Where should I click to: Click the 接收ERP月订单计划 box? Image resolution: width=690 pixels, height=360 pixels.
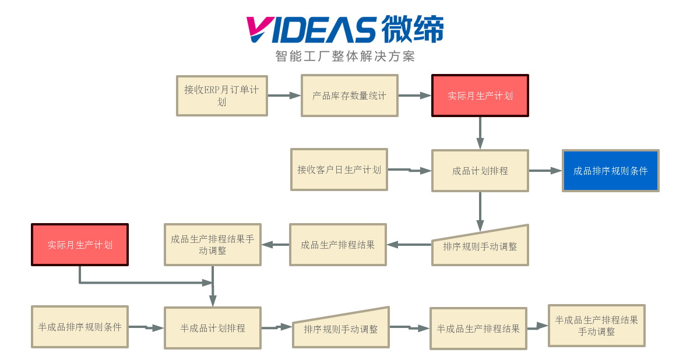(222, 96)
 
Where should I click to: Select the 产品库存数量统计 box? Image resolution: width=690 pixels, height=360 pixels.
(349, 96)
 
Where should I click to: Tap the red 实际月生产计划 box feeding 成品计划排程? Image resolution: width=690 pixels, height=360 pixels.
(480, 96)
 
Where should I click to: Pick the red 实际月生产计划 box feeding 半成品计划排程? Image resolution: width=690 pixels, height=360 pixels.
(80, 245)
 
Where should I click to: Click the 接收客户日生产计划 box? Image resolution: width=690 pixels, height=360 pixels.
(339, 170)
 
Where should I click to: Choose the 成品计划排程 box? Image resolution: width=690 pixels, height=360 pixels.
(480, 171)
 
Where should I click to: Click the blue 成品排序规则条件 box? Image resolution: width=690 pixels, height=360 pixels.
(610, 171)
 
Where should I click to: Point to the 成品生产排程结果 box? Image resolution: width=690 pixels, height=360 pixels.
(338, 245)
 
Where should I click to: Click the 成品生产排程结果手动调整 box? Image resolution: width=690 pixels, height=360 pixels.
(213, 245)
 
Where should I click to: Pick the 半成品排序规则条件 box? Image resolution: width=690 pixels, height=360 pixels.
(80, 327)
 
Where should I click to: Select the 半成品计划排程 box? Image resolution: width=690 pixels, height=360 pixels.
(213, 328)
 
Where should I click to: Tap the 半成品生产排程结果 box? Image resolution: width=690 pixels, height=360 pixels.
(478, 329)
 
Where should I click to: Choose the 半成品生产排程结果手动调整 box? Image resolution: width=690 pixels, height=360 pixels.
(597, 326)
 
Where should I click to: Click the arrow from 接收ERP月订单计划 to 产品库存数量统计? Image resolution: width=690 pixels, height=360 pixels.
(284, 96)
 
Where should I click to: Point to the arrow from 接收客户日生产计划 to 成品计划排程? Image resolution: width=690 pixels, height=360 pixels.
(410, 170)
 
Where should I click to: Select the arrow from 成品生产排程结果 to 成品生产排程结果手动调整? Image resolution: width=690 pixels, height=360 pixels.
(276, 245)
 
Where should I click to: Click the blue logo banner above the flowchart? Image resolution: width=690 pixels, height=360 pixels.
(345, 38)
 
